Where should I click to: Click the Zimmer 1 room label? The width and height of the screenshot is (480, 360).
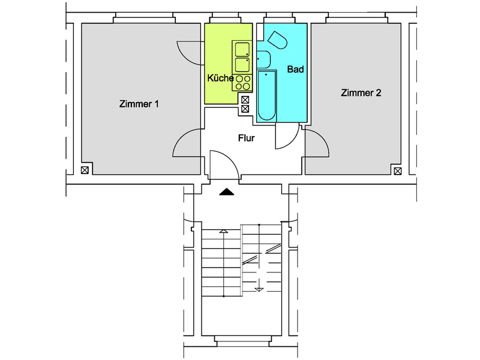pos(139,104)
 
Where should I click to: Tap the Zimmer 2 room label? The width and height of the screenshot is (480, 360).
pos(361,93)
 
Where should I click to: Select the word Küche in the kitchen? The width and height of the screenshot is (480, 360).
pos(220,78)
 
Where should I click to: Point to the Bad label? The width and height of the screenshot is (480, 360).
pos(295,69)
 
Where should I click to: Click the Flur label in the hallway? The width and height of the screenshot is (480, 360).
pos(247,138)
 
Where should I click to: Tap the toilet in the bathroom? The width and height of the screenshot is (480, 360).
pos(278,40)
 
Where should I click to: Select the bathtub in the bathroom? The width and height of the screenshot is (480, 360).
pos(266,95)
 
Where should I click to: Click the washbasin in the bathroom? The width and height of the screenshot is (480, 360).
pos(263,59)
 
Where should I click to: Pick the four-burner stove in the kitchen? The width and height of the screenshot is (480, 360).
pos(242,83)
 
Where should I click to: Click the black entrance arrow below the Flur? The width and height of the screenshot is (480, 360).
pos(227,192)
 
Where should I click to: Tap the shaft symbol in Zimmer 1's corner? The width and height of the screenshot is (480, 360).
pos(85,170)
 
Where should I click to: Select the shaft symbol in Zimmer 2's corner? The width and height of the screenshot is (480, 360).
pos(398,171)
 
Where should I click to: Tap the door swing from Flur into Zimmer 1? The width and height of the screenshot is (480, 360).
pos(180,138)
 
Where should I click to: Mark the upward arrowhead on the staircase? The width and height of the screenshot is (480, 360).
pos(224,231)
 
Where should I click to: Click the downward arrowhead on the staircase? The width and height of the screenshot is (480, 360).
pos(259,290)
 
